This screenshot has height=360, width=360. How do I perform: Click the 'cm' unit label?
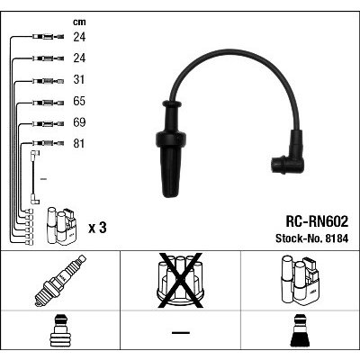point(79,22)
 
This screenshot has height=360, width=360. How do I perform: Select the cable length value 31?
point(79,80)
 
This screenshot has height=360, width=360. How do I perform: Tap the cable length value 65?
point(79,101)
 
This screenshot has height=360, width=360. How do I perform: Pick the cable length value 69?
point(79,122)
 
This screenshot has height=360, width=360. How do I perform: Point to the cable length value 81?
point(79,144)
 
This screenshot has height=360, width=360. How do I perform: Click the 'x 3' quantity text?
point(97,229)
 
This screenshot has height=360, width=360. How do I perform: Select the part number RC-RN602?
point(317,221)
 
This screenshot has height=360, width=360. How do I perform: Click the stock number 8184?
point(337,238)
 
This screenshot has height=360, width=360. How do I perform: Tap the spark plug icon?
point(60,281)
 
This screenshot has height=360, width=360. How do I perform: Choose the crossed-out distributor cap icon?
point(180,281)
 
